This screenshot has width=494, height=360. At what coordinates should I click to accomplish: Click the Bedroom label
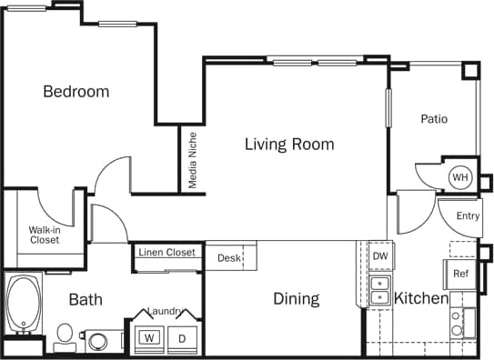coord(76,92)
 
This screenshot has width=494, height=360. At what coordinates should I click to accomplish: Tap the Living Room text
coord(288,144)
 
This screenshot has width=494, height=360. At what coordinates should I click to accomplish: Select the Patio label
coord(434,119)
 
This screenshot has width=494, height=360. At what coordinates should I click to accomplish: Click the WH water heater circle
coord(460,177)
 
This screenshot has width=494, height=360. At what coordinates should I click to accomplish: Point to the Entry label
coord(468,216)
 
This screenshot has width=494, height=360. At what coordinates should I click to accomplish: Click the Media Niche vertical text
coord(192,160)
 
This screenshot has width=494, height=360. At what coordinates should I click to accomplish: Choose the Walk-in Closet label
coord(44,235)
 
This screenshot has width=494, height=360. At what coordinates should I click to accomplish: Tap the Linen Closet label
coord(167,252)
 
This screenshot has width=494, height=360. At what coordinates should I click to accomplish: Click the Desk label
coord(228,258)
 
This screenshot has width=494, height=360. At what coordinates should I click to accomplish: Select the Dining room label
coord(296,298)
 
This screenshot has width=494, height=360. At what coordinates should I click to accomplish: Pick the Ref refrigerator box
coord(460,274)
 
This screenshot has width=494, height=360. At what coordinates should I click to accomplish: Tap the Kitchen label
coord(420,298)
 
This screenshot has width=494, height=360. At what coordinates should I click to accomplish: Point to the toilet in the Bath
coord(65,336)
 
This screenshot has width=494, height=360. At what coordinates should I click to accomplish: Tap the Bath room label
coord(86,299)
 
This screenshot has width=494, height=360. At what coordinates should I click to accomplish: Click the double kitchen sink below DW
coord(378,289)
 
